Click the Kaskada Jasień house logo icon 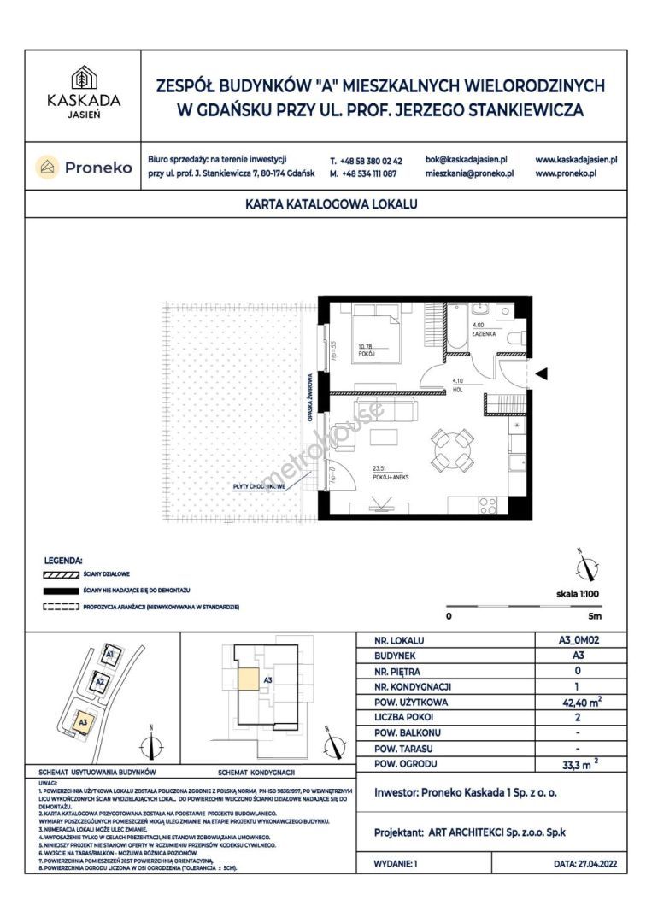point(83,75)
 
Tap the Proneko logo point(84,168)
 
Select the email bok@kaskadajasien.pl point(466,160)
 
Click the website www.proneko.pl point(565,173)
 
